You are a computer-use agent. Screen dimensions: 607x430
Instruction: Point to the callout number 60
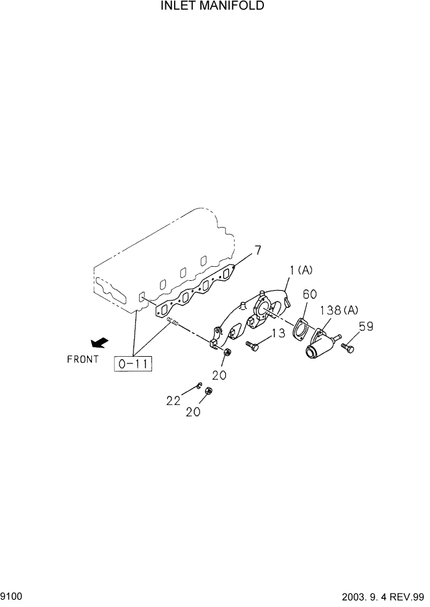coord(311,295)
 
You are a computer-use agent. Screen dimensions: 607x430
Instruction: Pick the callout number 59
coord(366,326)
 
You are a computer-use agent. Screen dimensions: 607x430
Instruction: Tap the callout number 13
coord(278,333)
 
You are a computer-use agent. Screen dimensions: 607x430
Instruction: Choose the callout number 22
coord(173,401)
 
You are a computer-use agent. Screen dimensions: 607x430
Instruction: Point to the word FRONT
coord(83,360)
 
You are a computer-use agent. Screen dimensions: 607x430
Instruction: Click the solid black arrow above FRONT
coord(98,344)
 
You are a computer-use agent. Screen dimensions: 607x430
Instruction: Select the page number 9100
coord(12,595)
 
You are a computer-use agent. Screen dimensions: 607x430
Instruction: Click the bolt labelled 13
coord(252,346)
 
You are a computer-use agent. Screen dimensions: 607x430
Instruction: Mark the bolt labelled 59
coord(347,348)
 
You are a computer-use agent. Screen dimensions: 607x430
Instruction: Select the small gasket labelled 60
coord(300,327)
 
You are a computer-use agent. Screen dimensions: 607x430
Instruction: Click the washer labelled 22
coord(199,385)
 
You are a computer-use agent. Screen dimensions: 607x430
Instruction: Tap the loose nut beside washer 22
coord(208,392)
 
